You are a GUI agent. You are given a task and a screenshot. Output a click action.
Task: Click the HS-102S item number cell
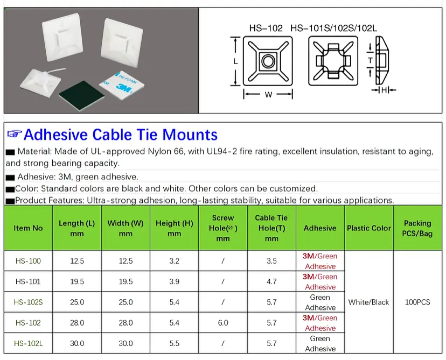[x=28, y=302]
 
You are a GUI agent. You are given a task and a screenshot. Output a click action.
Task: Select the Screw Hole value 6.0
[x=223, y=323]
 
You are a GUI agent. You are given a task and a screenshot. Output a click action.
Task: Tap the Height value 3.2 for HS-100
[x=175, y=261]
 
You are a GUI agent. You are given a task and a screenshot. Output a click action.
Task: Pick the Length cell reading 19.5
[x=77, y=281]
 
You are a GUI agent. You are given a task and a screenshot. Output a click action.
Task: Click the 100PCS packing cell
[x=417, y=302]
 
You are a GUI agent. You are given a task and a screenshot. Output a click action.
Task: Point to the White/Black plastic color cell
[x=368, y=302]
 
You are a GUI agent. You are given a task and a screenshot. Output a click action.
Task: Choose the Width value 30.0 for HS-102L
[x=126, y=343]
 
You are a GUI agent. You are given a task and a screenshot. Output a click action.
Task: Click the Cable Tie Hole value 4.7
[x=271, y=281]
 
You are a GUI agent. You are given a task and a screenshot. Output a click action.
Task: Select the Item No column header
[x=28, y=228]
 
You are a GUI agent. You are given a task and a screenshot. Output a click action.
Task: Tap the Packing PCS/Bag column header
[x=417, y=228]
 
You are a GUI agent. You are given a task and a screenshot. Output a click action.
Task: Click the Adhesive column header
[x=320, y=228]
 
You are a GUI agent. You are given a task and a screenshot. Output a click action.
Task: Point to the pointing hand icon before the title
[x=14, y=134]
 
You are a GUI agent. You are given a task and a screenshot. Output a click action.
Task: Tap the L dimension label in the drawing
[x=235, y=61]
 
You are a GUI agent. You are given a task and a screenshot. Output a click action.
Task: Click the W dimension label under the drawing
[x=268, y=95]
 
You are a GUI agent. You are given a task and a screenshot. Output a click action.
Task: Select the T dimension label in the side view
[x=370, y=60]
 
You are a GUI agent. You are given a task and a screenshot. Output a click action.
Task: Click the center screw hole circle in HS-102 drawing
[x=268, y=61]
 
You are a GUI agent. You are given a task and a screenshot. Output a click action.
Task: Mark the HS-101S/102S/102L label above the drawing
[x=333, y=28]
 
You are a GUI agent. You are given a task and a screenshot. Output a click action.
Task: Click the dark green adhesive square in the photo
[x=82, y=95]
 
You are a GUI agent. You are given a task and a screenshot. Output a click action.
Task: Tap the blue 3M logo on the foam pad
[x=124, y=88]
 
